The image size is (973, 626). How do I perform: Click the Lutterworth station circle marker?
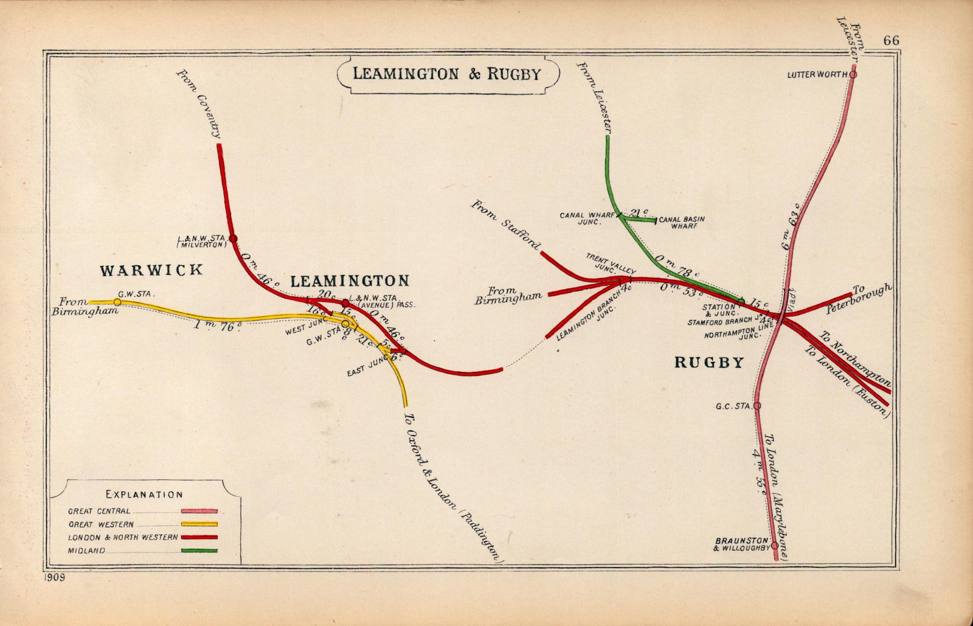point(853,74)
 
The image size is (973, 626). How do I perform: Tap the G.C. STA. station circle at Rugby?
point(757,405)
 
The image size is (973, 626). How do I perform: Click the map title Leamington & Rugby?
point(447,74)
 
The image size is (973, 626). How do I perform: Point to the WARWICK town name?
point(151,270)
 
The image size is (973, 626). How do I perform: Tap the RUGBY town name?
point(709,363)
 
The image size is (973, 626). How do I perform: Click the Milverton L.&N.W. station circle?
point(232,238)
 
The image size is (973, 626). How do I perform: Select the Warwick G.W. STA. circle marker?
point(117,302)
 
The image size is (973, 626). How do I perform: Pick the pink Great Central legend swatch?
point(199,512)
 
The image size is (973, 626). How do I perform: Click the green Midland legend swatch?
point(199,551)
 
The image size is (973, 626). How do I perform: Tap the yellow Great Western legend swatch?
point(199,524)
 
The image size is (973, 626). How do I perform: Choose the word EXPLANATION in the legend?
point(144,495)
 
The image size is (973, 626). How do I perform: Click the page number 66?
point(892,41)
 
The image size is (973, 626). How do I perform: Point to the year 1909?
point(54,577)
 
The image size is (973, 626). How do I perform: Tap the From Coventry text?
point(199,103)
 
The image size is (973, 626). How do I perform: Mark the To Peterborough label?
point(859,298)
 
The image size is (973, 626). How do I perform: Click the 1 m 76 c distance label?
point(218,326)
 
